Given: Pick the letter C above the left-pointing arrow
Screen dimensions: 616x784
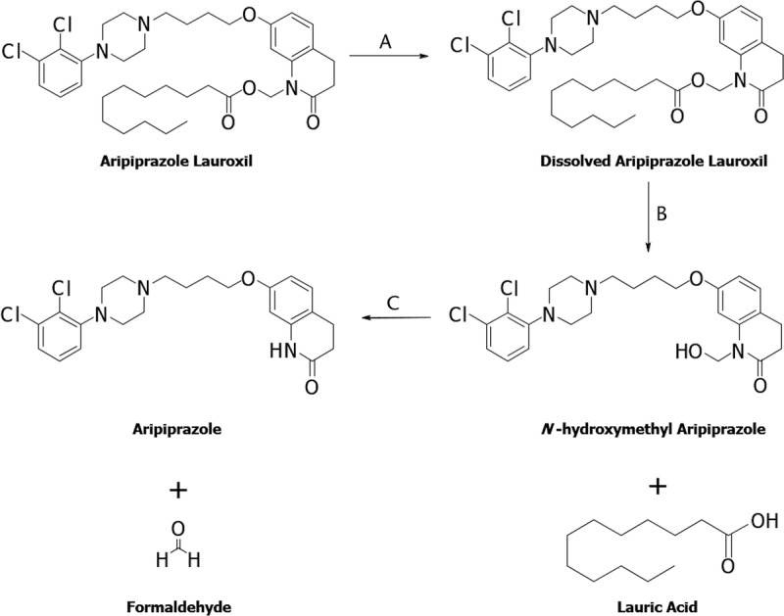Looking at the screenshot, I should coord(392,303).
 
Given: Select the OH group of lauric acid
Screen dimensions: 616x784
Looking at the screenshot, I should coord(754,520).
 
